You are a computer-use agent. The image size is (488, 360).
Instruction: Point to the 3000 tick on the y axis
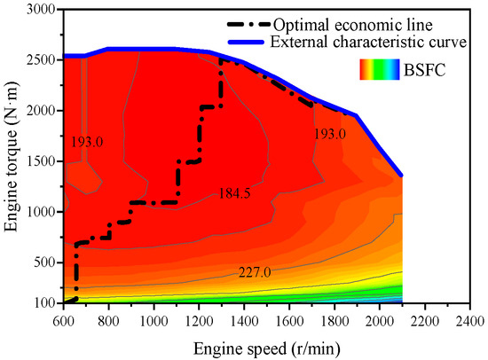pos(41,10)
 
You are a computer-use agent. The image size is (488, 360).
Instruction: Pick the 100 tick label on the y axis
pos(44,304)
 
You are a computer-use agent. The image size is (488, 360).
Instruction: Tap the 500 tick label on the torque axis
pos(44,263)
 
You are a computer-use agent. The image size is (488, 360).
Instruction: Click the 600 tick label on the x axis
pos(64,317)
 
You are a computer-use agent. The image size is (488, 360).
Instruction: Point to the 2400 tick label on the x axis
pos(470,317)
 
